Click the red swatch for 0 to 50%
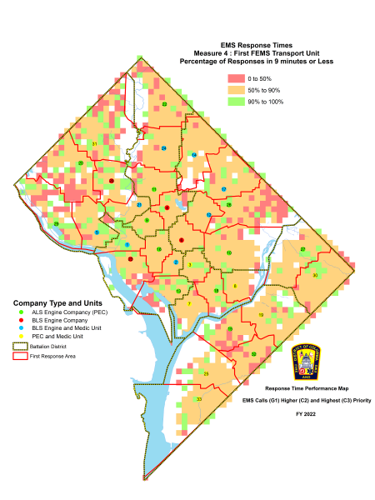click(x=235, y=77)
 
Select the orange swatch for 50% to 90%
click(x=235, y=89)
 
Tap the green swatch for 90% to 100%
click(x=235, y=101)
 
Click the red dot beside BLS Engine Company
click(x=20, y=319)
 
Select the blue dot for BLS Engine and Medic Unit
click(x=20, y=327)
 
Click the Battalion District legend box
click(x=20, y=344)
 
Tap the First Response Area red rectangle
click(x=20, y=354)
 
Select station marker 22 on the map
click(x=164, y=104)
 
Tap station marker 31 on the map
click(x=94, y=144)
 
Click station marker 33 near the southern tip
click(x=198, y=399)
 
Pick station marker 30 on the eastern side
click(x=314, y=274)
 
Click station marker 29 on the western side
click(x=56, y=224)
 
